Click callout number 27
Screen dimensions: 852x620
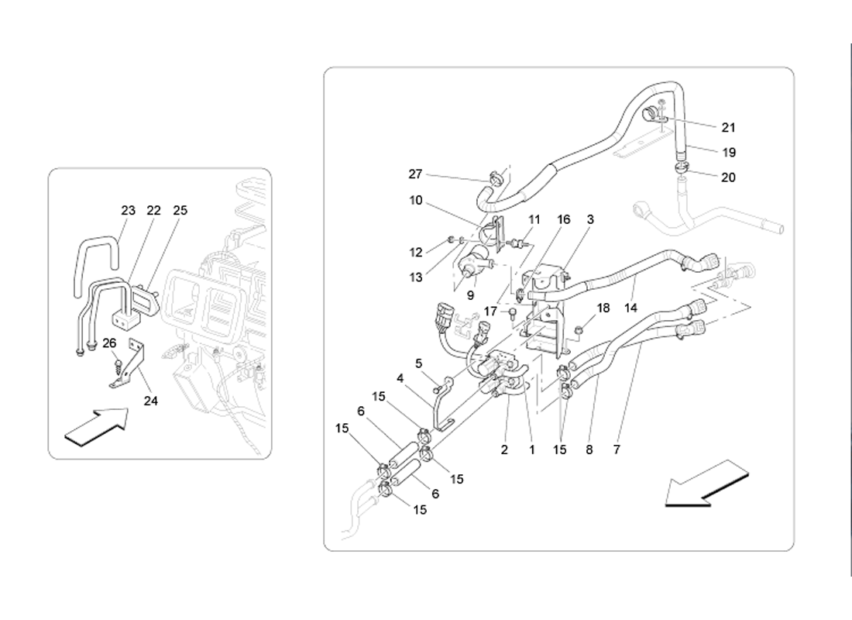(415, 174)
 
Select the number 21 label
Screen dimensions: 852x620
(728, 127)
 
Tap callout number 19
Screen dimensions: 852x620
(729, 152)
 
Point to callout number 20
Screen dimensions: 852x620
(728, 177)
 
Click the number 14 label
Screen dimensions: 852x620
(630, 308)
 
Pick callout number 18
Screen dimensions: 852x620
(603, 308)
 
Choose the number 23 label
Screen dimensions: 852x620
(129, 210)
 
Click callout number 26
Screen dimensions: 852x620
(109, 343)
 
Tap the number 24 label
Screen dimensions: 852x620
(150, 401)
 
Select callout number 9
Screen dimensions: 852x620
(471, 296)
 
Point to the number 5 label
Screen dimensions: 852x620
(418, 363)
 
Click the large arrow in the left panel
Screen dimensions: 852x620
(96, 428)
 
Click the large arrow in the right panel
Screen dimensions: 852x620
(707, 484)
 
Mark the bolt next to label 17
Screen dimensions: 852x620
(513, 313)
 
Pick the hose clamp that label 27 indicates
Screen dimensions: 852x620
(494, 177)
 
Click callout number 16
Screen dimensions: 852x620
(563, 219)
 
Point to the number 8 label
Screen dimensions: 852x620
(589, 449)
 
